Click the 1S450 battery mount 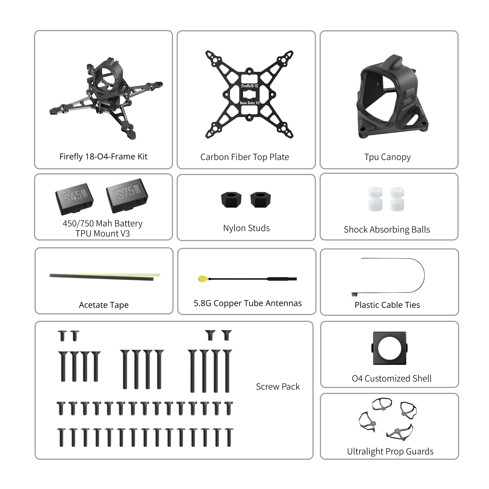pyautogui.click(x=75, y=199)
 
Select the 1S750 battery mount pyautogui.click(x=127, y=195)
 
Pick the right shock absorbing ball pyautogui.click(x=397, y=199)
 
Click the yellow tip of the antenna pyautogui.click(x=202, y=279)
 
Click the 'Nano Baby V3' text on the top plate pyautogui.click(x=250, y=103)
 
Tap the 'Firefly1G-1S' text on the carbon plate pyautogui.click(x=250, y=86)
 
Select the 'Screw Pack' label pyautogui.click(x=278, y=387)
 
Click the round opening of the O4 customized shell pyautogui.click(x=389, y=348)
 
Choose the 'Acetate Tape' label pyautogui.click(x=104, y=305)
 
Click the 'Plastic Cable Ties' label pyautogui.click(x=387, y=305)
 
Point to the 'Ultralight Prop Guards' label pyautogui.click(x=390, y=451)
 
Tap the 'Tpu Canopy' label pyautogui.click(x=387, y=157)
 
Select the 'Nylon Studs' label pyautogui.click(x=246, y=228)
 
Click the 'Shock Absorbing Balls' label pyautogui.click(x=387, y=230)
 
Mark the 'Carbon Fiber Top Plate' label pyautogui.click(x=245, y=157)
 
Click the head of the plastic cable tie pyautogui.click(x=354, y=294)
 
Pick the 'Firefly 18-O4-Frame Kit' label pyautogui.click(x=103, y=156)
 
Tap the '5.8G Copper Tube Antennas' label pyautogui.click(x=248, y=303)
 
